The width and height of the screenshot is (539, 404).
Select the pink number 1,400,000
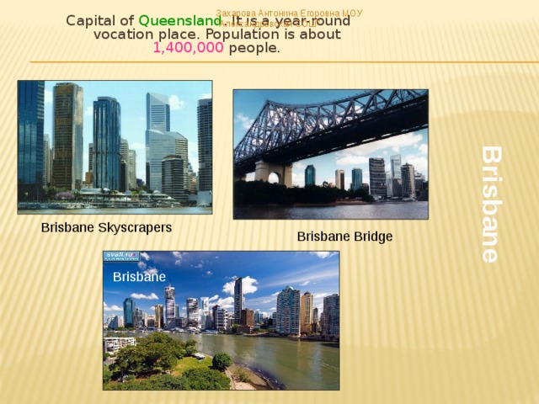point(188,49)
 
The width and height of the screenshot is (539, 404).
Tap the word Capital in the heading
point(88,20)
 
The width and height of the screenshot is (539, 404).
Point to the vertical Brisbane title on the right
point(491,204)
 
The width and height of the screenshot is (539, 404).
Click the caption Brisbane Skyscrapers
point(106,228)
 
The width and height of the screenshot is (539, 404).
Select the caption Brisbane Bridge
point(344,237)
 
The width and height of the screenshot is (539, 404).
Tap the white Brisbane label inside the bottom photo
point(139,277)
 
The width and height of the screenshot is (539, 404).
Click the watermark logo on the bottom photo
point(121,256)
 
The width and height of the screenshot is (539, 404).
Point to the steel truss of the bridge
point(337,126)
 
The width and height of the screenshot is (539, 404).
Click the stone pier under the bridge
point(273,173)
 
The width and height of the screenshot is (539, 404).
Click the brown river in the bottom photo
point(278,358)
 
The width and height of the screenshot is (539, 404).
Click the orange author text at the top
point(289,13)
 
